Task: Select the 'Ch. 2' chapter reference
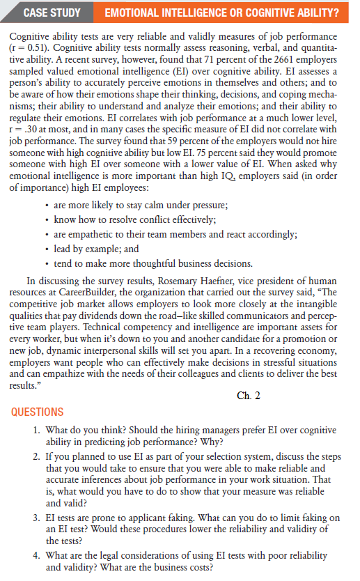click(x=249, y=395)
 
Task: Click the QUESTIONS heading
click(x=38, y=412)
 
